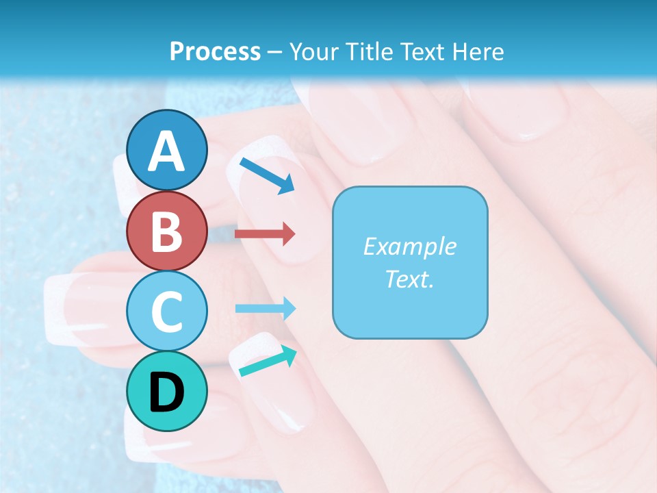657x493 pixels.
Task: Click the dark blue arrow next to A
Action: pos(266,175)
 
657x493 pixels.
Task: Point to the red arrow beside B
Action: pos(264,234)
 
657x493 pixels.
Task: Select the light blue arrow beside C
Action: pos(265,309)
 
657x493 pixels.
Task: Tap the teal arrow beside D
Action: pos(268,362)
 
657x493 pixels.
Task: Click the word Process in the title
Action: pos(215,51)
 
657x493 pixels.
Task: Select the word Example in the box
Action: pos(409,246)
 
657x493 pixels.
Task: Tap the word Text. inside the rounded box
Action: pos(409,279)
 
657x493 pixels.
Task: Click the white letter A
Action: pos(167,151)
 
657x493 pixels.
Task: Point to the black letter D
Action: pos(167,392)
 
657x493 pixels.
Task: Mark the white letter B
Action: pos(167,231)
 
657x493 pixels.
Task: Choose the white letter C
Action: pos(167,312)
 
